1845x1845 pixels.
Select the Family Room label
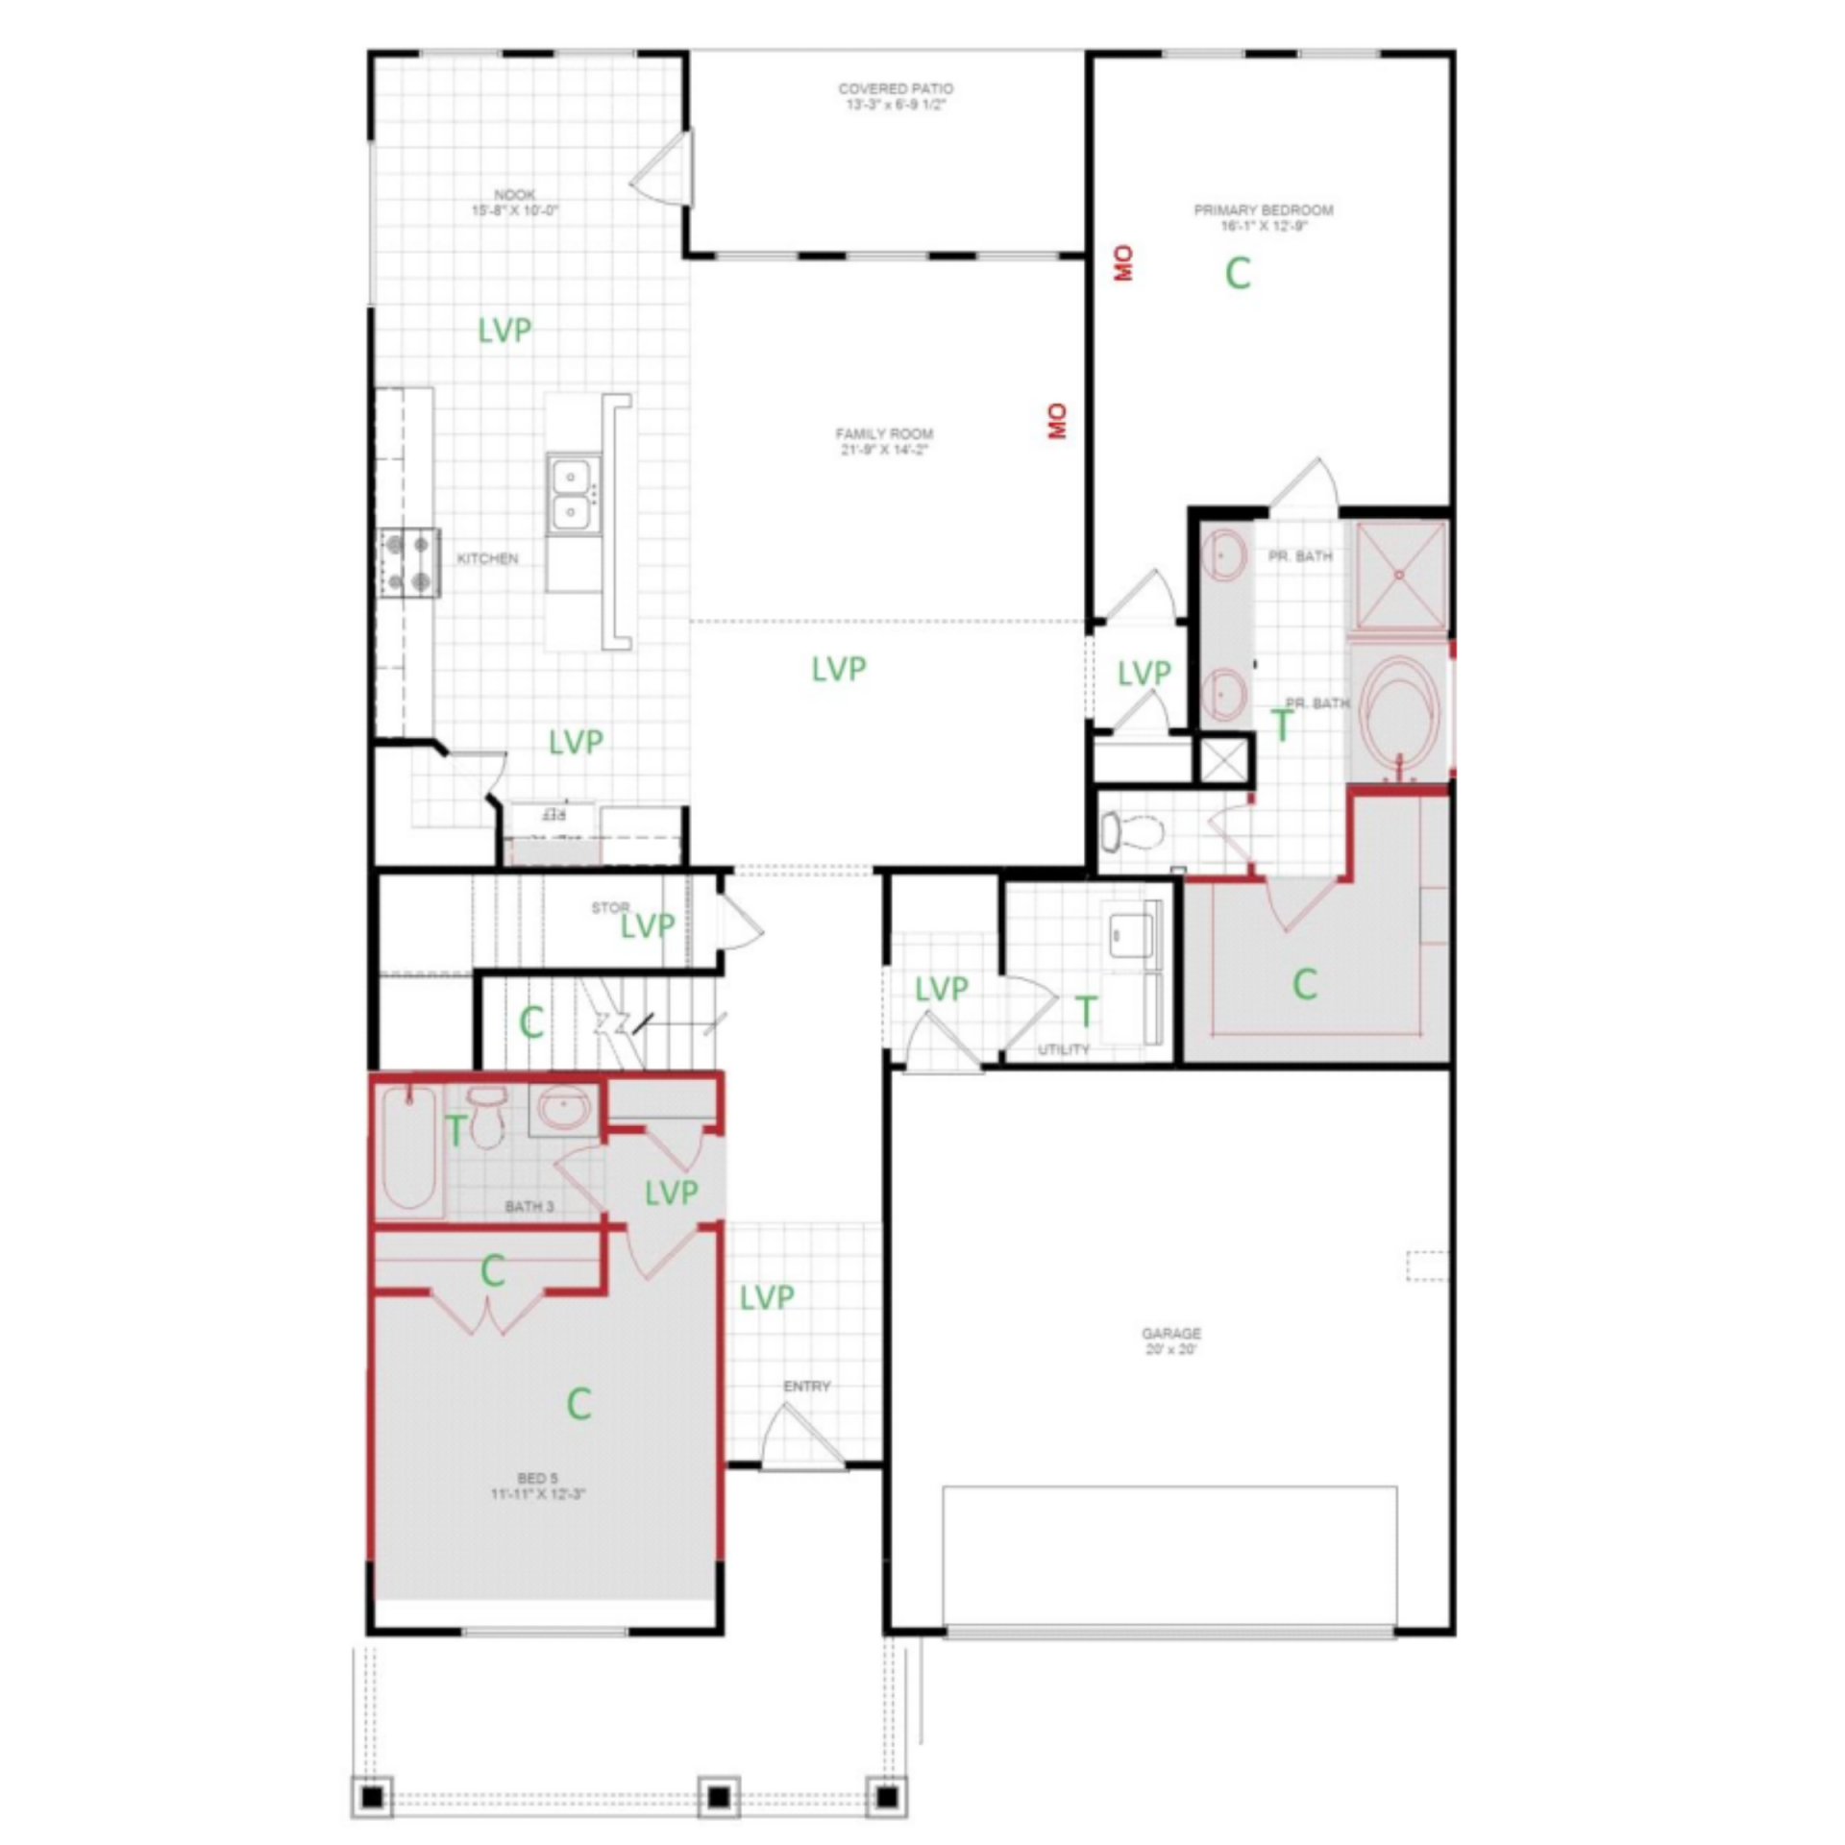[884, 441]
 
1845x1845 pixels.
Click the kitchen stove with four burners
[407, 563]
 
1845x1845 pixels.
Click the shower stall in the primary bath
[1399, 576]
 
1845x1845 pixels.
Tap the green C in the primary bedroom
[1238, 274]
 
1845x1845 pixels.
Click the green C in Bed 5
[578, 1404]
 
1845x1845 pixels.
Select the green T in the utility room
[1085, 1011]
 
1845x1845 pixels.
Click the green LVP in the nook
[504, 331]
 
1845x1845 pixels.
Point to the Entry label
[806, 1386]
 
